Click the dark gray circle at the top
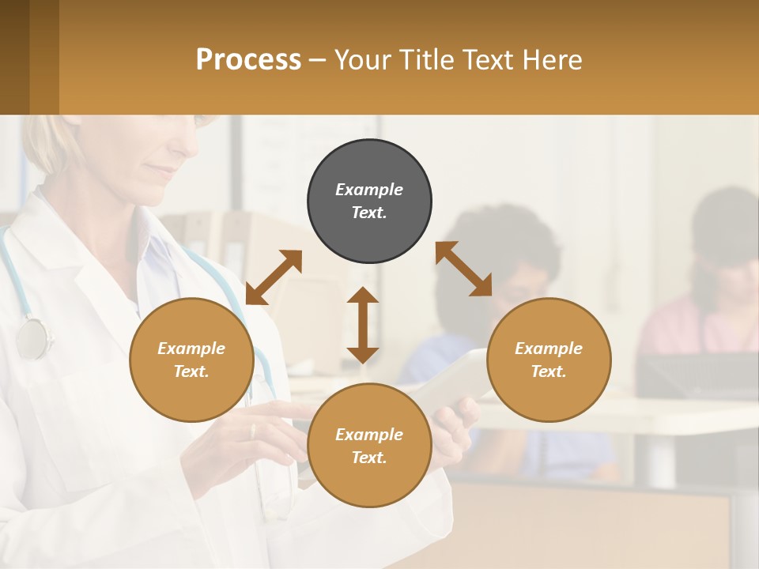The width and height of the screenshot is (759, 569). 369,201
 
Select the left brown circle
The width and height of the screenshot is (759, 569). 191,360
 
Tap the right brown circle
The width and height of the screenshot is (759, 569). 549,360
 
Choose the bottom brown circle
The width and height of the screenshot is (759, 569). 369,445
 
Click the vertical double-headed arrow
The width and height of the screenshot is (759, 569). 363,325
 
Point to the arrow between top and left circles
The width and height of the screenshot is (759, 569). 274,277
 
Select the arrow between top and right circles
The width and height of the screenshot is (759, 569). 464,269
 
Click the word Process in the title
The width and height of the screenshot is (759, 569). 248,59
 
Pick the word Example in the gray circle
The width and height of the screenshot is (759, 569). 369,190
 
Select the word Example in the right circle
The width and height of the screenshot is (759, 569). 549,349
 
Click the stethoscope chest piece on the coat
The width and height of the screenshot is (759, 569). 32,338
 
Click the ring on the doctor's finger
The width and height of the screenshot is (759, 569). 253,431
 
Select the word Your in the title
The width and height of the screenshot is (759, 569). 364,59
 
